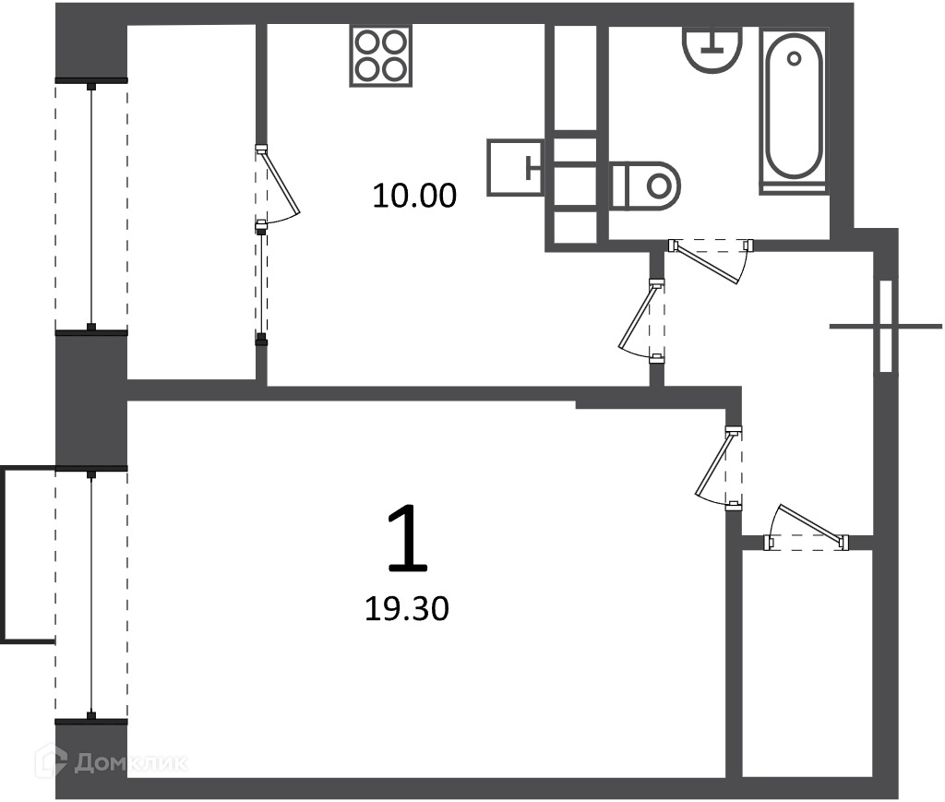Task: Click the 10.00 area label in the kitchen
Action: [414, 196]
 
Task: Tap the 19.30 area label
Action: [407, 608]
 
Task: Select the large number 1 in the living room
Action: [408, 538]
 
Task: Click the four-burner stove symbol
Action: [380, 55]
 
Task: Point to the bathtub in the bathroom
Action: [793, 110]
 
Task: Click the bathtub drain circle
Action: [794, 58]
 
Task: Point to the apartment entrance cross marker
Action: [885, 327]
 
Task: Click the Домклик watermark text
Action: [130, 763]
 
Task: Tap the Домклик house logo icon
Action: [51, 760]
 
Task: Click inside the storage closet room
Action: [807, 663]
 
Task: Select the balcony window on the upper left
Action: [91, 206]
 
